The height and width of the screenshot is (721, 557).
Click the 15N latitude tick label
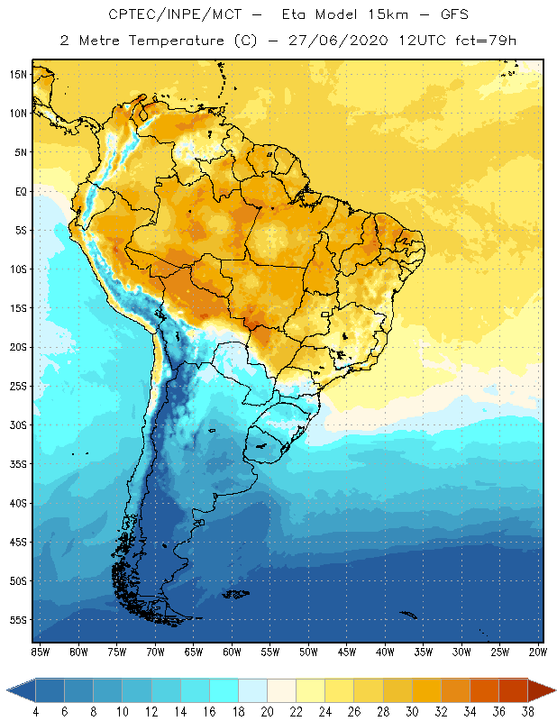tap(19, 74)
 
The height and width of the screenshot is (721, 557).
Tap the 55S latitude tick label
tap(19, 620)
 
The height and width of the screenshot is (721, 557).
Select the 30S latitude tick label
tap(19, 424)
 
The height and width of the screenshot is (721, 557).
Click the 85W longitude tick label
tap(41, 651)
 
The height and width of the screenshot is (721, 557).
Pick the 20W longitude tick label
tap(537, 651)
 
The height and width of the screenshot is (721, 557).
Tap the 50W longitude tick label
tap(308, 651)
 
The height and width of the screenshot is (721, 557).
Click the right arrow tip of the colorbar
tap(554, 689)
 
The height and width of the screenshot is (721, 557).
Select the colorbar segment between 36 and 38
tap(514, 689)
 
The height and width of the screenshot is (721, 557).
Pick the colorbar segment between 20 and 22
tap(281, 689)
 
